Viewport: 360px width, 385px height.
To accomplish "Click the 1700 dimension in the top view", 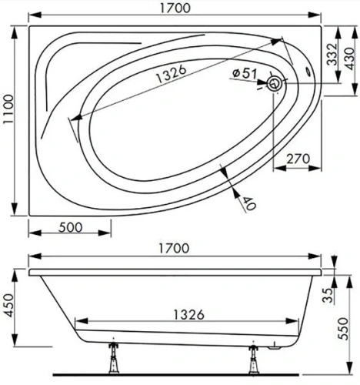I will click(175, 9).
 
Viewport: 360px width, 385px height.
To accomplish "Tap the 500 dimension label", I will click(69, 229).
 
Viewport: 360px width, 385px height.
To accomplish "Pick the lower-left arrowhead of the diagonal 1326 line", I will click(72, 119).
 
